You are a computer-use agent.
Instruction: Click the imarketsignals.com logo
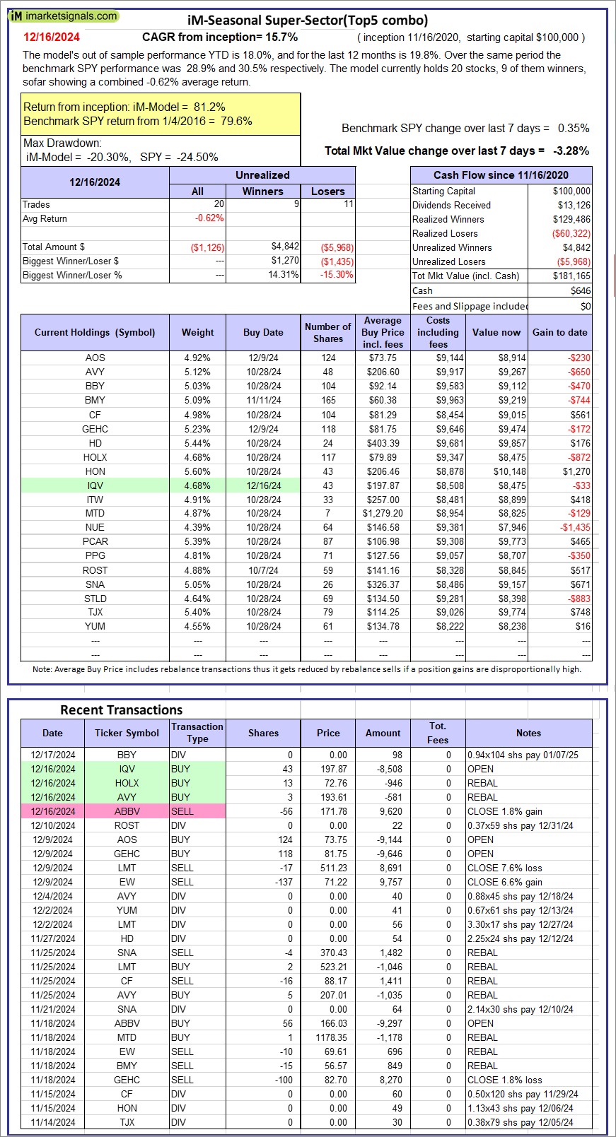pos(64,16)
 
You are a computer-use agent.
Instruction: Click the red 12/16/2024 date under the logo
pos(52,37)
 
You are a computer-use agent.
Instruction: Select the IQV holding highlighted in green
pos(95,485)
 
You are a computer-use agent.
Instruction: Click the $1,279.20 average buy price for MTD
pos(383,514)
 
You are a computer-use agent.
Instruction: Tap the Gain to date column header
pos(559,332)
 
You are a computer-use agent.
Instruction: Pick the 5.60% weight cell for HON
pos(197,471)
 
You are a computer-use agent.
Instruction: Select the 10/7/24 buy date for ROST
pos(263,570)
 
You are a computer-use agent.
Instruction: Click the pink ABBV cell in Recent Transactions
pos(127,811)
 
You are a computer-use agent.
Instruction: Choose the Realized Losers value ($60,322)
pos(571,233)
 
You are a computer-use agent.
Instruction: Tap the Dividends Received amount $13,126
pos(571,205)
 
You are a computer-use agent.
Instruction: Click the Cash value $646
pos(580,290)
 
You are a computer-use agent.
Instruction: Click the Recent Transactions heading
pos(121,710)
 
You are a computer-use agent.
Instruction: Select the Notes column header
pos(528,733)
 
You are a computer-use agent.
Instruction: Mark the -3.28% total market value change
pos(572,151)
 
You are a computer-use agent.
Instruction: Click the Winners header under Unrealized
pos(262,191)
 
